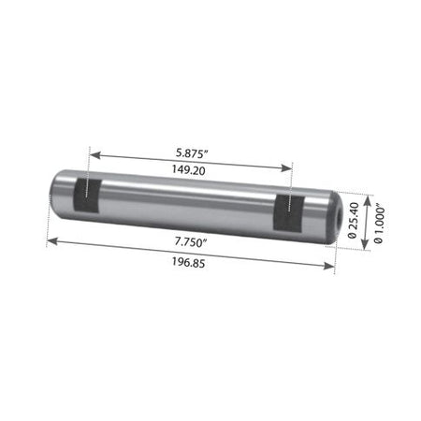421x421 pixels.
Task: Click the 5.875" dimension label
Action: pyautogui.click(x=192, y=153)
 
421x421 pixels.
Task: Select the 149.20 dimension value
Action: pyautogui.click(x=189, y=170)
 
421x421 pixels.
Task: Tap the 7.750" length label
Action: pyautogui.click(x=189, y=242)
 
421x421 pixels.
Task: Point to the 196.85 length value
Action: pyautogui.click(x=189, y=263)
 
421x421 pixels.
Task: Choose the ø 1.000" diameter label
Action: pyautogui.click(x=378, y=224)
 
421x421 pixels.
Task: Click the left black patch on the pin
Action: pyautogui.click(x=87, y=196)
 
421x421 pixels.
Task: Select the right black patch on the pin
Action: pyautogui.click(x=289, y=213)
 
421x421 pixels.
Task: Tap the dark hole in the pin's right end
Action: pyautogui.click(x=339, y=214)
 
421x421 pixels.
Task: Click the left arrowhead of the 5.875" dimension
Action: pyautogui.click(x=94, y=154)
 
